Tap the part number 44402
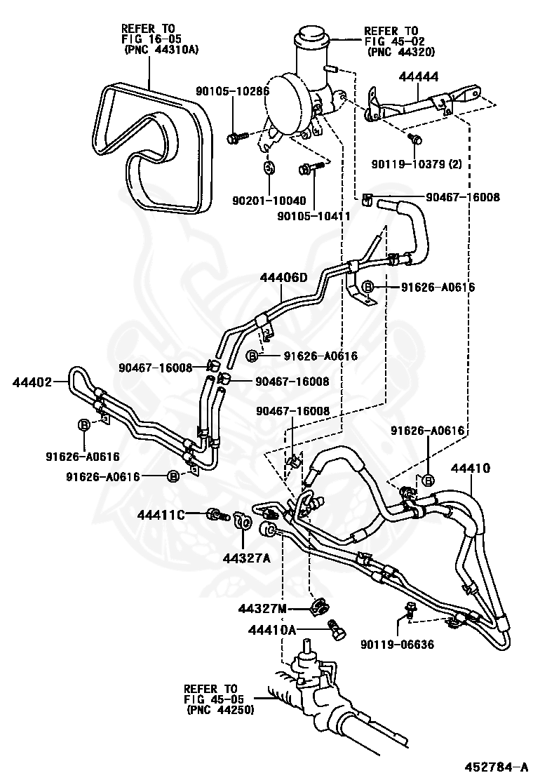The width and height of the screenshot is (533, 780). click(x=32, y=382)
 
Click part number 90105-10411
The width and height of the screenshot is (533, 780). click(x=313, y=216)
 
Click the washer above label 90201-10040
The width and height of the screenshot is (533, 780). click(x=269, y=168)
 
